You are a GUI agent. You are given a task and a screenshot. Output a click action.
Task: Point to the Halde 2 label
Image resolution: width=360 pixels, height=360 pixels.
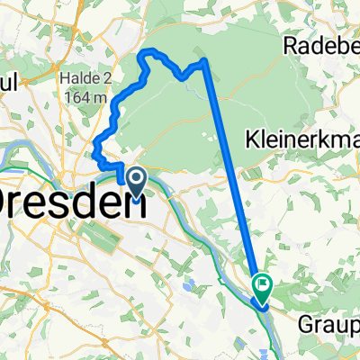[87, 77]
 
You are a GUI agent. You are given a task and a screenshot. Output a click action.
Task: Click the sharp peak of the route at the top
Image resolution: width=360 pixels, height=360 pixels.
[205, 59]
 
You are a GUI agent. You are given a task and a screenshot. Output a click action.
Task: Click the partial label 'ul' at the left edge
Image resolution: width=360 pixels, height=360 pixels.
[10, 81]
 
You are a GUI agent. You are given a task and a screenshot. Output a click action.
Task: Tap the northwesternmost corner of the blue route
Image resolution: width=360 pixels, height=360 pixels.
[140, 54]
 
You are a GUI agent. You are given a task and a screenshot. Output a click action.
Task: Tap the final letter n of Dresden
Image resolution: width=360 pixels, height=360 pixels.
[138, 200]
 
